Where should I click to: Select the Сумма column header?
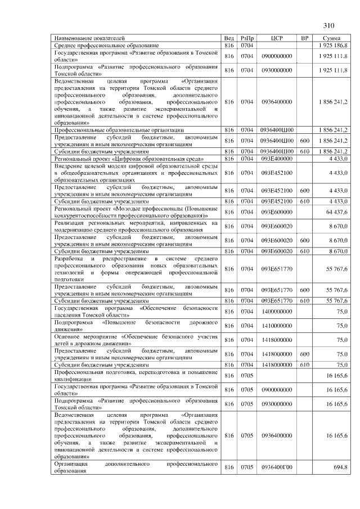(x=332, y=38)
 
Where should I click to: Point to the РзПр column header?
(x=247, y=38)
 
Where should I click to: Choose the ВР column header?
(x=305, y=38)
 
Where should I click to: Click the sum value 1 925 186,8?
(x=332, y=44)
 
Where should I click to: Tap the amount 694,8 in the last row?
(x=340, y=468)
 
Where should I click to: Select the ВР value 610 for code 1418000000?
(x=305, y=364)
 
